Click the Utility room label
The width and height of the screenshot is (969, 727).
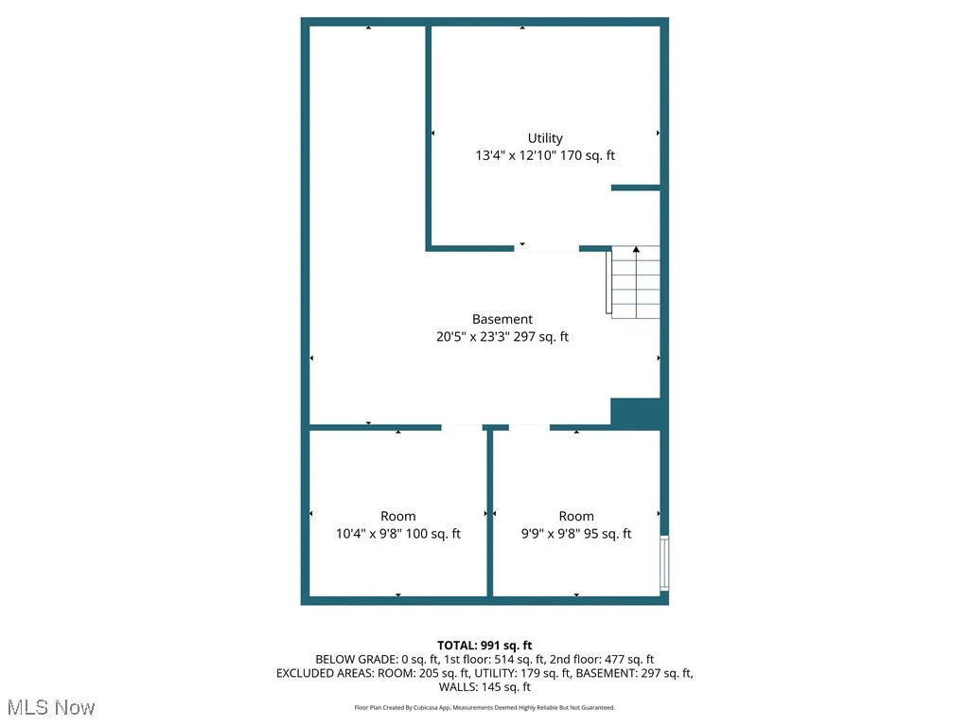[545, 138]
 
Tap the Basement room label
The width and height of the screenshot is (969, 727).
[502, 319]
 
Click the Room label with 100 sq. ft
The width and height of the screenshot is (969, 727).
[398, 516]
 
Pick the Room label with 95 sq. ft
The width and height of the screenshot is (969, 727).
[576, 516]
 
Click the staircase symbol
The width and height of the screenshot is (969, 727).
[634, 282]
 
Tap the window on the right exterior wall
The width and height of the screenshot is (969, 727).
[664, 562]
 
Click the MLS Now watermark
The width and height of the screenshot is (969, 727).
[51, 707]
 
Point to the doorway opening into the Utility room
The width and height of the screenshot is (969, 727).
[547, 248]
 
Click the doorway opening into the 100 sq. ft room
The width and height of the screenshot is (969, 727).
[462, 427]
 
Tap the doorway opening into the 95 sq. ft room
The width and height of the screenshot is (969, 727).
[529, 427]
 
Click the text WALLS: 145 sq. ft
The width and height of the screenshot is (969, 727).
[484, 687]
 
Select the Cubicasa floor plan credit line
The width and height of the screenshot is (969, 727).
[484, 707]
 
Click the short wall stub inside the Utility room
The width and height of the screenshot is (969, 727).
[635, 187]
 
